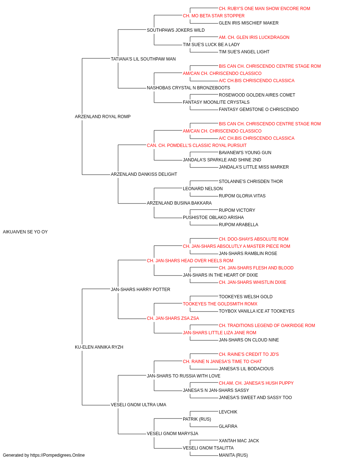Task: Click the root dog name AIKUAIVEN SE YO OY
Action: [x=25, y=232]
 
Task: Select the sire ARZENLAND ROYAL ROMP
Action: [x=103, y=117]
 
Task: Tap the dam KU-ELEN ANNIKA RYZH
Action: [x=99, y=347]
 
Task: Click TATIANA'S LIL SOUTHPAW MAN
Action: [x=143, y=59]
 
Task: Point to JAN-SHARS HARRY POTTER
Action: [x=140, y=290]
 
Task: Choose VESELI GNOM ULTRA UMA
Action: [x=139, y=405]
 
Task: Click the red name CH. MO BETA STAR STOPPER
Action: [x=214, y=16]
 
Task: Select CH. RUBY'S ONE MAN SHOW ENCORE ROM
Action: [x=265, y=9]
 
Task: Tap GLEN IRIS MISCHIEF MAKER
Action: [x=249, y=23]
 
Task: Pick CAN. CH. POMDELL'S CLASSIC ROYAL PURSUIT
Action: [x=197, y=146]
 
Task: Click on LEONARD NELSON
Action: [x=203, y=189]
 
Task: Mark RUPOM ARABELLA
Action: [x=239, y=225]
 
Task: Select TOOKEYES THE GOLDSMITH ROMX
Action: [x=220, y=304]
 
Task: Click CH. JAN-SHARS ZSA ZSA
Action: [x=173, y=318]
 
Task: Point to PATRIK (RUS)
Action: [x=197, y=419]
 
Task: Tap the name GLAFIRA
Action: [x=228, y=426]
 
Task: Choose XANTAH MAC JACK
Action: [x=239, y=441]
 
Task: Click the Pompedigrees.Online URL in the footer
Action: [x=58, y=455]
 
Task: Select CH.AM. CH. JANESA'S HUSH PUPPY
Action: [x=256, y=383]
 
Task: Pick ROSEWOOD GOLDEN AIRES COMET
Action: [x=257, y=95]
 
